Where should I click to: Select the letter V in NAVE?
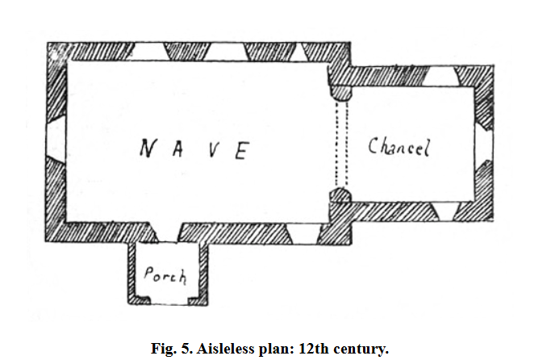[x=208, y=151]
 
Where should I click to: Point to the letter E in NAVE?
[x=239, y=151]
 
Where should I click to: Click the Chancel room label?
[x=400, y=147]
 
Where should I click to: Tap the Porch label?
[x=165, y=275]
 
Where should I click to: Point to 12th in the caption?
[x=315, y=350]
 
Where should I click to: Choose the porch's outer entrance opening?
[x=169, y=300]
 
